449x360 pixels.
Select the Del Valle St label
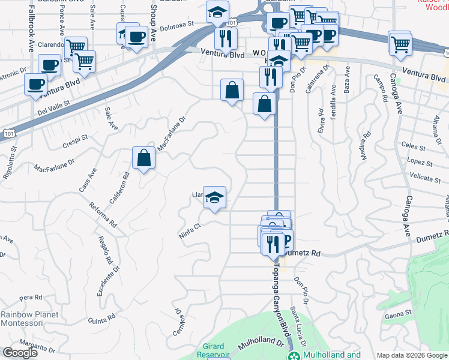click(x=53, y=106)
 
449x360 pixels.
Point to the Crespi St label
click(x=75, y=141)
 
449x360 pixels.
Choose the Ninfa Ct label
click(x=189, y=231)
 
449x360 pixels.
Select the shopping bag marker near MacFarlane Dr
click(x=144, y=159)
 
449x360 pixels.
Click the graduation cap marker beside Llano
click(x=214, y=197)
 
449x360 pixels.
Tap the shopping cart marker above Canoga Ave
click(x=400, y=43)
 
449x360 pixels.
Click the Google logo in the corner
click(x=20, y=353)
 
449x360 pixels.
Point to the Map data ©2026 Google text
click(x=412, y=355)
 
